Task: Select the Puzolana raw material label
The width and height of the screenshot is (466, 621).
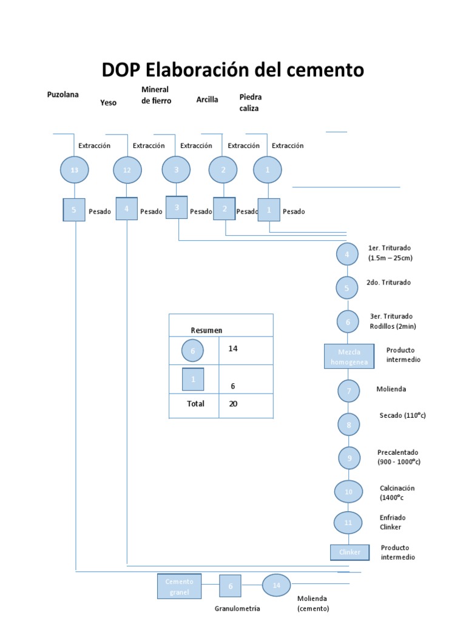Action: (x=63, y=95)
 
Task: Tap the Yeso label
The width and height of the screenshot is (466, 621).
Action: (x=108, y=102)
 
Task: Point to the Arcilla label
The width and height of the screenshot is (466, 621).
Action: (x=207, y=99)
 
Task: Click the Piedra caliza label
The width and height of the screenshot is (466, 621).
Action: (x=251, y=102)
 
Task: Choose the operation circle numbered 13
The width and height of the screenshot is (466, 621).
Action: (x=75, y=170)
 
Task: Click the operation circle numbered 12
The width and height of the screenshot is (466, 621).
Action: (x=127, y=170)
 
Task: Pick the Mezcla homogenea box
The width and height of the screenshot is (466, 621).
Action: (x=348, y=357)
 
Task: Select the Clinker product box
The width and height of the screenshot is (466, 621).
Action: (x=349, y=552)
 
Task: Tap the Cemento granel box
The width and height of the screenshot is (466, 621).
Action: (x=179, y=586)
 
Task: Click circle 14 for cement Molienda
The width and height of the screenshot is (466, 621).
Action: (x=277, y=585)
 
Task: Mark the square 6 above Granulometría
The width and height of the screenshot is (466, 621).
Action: (x=230, y=586)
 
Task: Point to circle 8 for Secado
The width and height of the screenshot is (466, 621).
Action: (x=349, y=425)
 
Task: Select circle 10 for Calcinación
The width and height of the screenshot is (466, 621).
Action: (x=349, y=491)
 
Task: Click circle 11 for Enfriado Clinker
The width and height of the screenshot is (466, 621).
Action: (x=348, y=522)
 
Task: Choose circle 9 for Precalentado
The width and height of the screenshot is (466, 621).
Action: (x=349, y=458)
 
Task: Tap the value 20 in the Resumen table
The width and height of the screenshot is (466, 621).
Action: (x=233, y=403)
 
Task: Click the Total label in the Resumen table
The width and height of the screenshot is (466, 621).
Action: (x=195, y=403)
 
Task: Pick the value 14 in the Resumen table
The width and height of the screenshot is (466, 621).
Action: (x=233, y=349)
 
